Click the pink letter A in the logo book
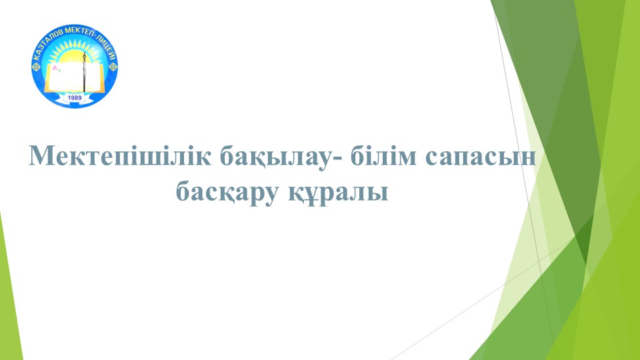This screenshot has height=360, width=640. point(55,68)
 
